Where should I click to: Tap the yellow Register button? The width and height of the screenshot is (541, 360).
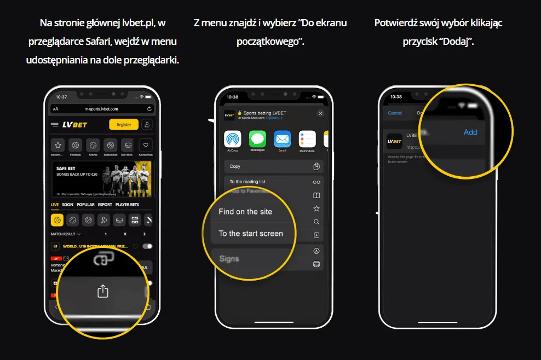click(x=124, y=125)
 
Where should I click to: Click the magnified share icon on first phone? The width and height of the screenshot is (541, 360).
click(x=103, y=291)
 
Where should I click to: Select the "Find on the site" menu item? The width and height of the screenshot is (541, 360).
click(x=245, y=212)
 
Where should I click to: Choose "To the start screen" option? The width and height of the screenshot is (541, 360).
click(x=251, y=234)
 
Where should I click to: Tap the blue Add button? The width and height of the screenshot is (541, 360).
click(x=470, y=132)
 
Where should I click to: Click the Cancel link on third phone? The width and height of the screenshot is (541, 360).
click(x=395, y=113)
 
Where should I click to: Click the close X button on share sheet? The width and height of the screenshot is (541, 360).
click(x=320, y=113)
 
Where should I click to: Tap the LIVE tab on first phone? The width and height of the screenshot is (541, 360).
click(x=55, y=205)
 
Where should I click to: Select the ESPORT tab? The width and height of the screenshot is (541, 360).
click(x=105, y=205)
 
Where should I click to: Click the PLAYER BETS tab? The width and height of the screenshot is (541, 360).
click(x=127, y=205)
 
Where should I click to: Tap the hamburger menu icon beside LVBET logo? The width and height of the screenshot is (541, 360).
click(x=55, y=125)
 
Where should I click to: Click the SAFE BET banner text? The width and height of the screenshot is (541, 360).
click(x=67, y=169)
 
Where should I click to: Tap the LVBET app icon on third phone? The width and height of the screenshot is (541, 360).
click(x=394, y=141)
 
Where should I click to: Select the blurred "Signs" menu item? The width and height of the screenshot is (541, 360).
click(x=229, y=258)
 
